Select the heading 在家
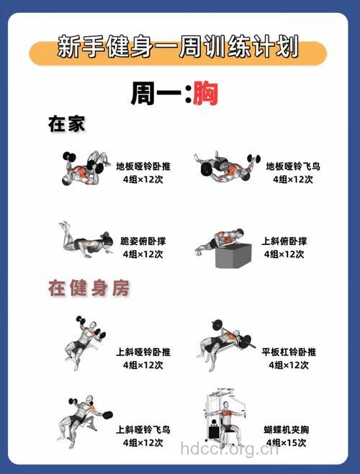(66, 125)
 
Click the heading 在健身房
(89, 289)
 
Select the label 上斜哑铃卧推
(143, 352)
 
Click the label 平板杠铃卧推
(289, 352)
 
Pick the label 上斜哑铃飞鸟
(143, 429)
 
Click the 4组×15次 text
(287, 442)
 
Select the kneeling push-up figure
(86, 239)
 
